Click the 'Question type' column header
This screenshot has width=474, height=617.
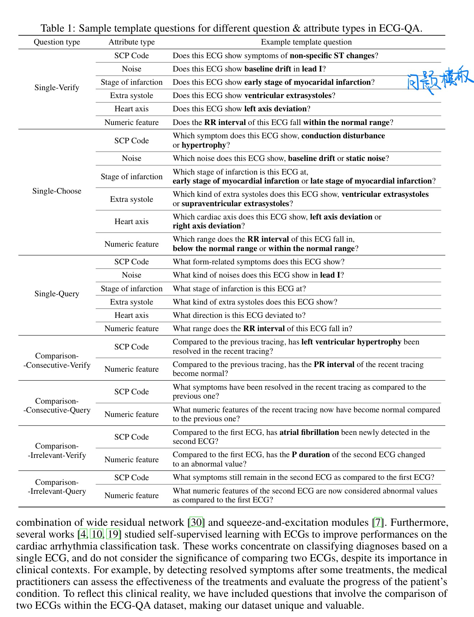(x=57, y=42)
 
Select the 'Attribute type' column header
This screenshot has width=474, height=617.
(x=131, y=42)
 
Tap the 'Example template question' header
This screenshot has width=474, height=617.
(x=306, y=42)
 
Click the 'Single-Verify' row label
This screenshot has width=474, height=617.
(x=57, y=88)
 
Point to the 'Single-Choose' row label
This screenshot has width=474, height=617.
(x=57, y=191)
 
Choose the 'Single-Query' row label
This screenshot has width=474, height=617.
(x=57, y=294)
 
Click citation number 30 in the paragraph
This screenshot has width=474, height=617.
(x=196, y=522)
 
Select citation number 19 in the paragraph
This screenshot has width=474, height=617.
(x=113, y=534)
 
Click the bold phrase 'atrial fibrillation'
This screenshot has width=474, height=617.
(x=309, y=432)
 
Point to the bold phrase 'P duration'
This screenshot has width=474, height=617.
(x=311, y=455)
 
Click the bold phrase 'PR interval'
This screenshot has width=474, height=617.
(x=334, y=365)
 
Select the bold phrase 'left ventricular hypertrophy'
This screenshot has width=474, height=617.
(x=351, y=342)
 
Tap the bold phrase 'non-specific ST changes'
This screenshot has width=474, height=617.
(x=332, y=56)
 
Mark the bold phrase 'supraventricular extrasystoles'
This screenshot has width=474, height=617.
(x=235, y=204)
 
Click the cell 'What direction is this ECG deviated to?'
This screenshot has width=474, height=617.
(x=239, y=315)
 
